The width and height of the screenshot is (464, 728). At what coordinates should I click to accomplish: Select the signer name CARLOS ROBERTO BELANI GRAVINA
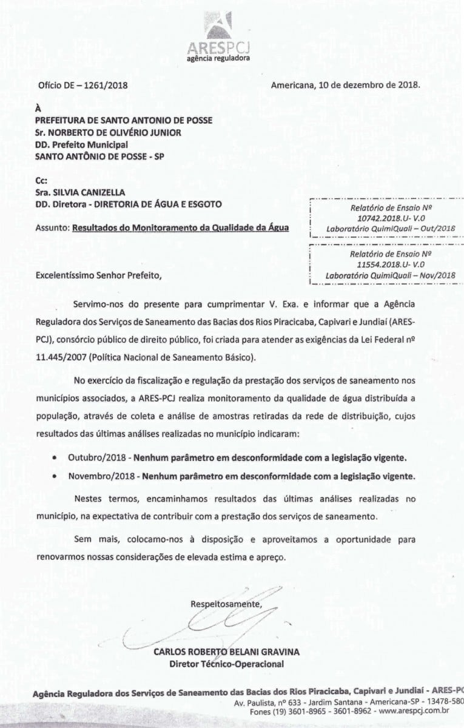click(227, 652)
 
